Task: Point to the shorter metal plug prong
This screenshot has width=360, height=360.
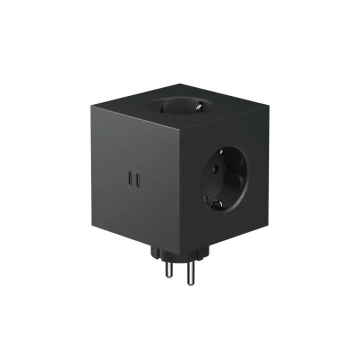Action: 170,270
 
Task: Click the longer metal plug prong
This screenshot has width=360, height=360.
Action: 189,275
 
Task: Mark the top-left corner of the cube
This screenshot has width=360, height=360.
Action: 90,104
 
